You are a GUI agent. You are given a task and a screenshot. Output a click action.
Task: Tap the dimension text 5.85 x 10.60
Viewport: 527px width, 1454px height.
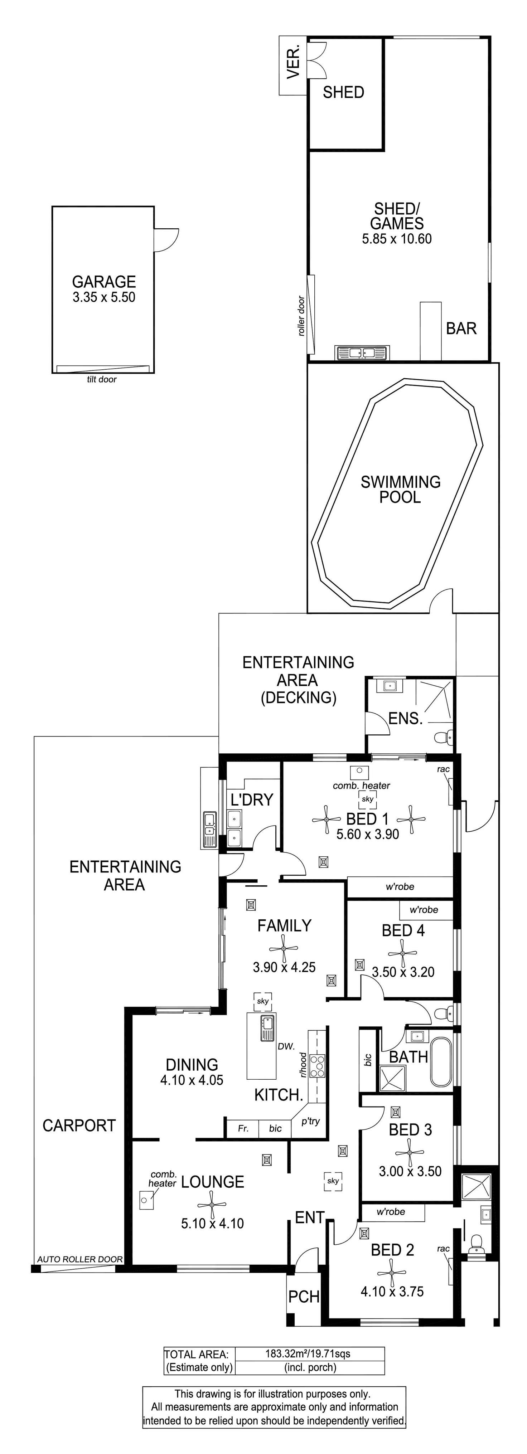coord(397,239)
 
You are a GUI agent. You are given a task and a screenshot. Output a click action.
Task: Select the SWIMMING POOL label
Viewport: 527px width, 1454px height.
coord(401,489)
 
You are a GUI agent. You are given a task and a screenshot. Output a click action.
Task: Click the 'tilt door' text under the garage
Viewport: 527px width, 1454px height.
coord(102,379)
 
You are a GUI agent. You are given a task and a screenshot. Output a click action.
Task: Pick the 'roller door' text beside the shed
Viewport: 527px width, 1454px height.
coord(301,316)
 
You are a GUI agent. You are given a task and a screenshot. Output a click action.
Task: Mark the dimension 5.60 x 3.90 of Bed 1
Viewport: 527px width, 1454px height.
coord(368,834)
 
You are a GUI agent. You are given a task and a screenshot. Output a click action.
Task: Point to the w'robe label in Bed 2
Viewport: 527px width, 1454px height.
coord(391,1211)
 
